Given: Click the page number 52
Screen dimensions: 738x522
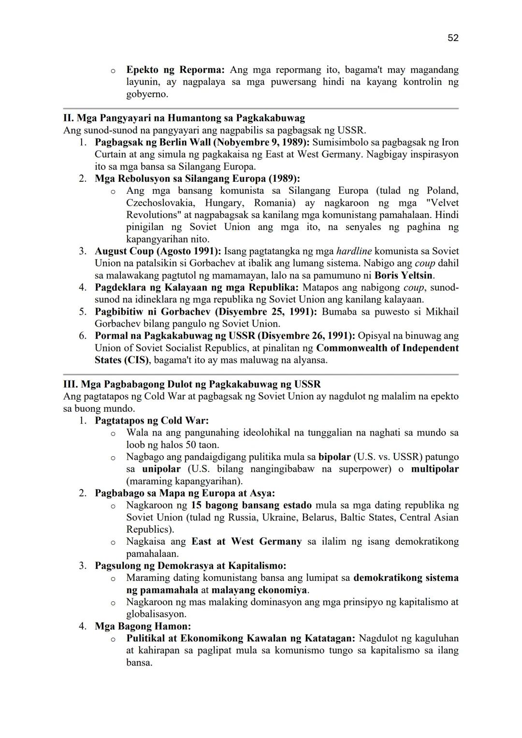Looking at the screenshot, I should pyautogui.click(x=453, y=38).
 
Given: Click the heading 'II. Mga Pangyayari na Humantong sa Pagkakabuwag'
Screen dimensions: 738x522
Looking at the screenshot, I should pyautogui.click(x=184, y=118).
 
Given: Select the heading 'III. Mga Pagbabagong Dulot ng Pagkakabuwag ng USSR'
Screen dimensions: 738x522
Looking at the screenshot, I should pyautogui.click(x=192, y=384).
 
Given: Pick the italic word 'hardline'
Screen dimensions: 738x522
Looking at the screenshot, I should pyautogui.click(x=354, y=251).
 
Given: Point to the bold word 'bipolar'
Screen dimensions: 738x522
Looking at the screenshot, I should pyautogui.click(x=334, y=457).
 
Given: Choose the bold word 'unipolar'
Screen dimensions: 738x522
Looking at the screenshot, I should pyautogui.click(x=161, y=469).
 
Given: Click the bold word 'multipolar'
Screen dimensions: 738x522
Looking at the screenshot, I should pyautogui.click(x=435, y=469).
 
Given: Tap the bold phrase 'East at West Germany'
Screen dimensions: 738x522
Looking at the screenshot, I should pyautogui.click(x=246, y=541).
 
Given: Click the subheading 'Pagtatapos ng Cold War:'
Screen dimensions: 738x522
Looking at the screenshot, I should pyautogui.click(x=152, y=420).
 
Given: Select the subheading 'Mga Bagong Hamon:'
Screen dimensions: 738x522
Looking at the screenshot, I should pyautogui.click(x=143, y=626).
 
